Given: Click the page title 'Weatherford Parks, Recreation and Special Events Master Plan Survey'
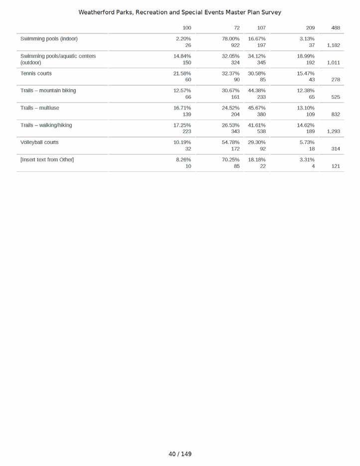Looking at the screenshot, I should tap(180, 12).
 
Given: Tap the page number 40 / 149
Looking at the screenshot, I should tap(180, 454).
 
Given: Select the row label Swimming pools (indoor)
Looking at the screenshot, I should tap(49, 39).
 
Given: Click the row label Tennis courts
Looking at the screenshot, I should tap(36, 73).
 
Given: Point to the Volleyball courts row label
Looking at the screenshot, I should tap(39, 142).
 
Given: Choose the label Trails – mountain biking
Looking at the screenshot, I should tap(48, 91).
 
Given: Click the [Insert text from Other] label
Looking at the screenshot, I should tap(47, 160).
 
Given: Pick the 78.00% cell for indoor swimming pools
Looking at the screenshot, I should tap(231, 39).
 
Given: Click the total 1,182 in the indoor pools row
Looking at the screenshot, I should tap(333, 45).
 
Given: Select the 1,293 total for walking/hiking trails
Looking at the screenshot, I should tap(333, 131).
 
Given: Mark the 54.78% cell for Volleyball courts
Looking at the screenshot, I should tap(231, 142).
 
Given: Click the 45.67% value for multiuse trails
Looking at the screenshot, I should tap(256, 108).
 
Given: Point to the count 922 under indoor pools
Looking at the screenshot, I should tap(235, 45).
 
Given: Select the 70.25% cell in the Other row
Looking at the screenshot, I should tap(231, 160).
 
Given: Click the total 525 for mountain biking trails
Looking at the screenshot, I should tap(336, 97).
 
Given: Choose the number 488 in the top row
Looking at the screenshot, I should tap(336, 28).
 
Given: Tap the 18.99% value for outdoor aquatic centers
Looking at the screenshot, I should tap(306, 56).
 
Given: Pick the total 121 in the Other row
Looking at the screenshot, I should tap(336, 166).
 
